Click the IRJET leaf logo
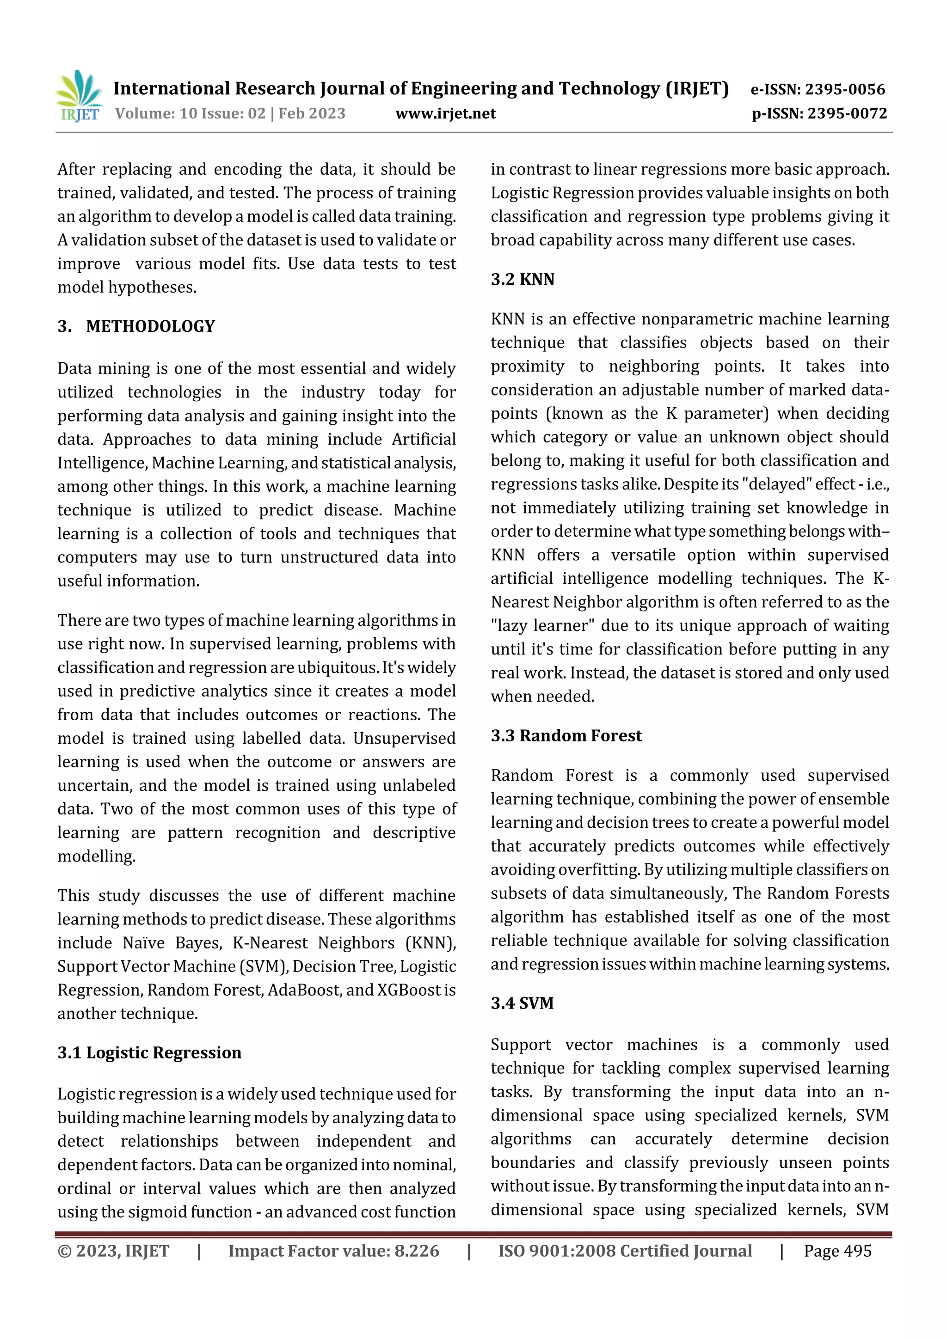80,95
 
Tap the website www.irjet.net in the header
445,114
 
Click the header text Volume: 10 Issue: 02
190,114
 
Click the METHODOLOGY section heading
151,326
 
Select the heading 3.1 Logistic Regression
149,1052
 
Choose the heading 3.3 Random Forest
566,736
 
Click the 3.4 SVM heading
522,1003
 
